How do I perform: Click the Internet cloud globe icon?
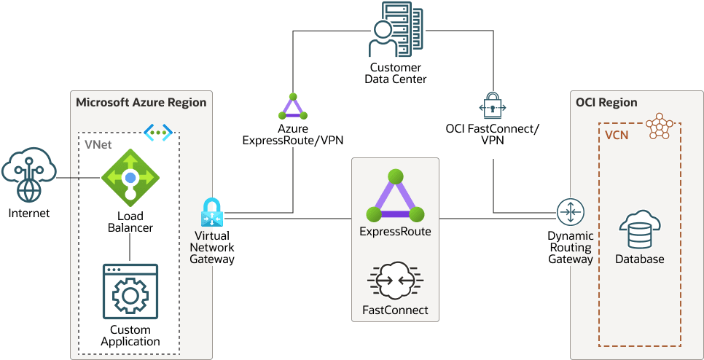[28, 176]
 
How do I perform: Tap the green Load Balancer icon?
[130, 177]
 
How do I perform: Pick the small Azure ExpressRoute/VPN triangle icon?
[293, 107]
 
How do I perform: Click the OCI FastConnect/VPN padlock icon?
[492, 106]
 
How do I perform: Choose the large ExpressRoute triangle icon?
[395, 196]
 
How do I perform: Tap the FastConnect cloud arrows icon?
[395, 281]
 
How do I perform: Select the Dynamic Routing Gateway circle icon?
[569, 212]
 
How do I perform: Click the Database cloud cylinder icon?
[639, 230]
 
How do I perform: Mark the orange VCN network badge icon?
[660, 125]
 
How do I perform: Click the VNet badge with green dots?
[158, 133]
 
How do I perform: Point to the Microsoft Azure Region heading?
[141, 103]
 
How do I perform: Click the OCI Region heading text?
[606, 103]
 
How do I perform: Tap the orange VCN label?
[617, 136]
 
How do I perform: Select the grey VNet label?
[98, 145]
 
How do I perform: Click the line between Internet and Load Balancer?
[79, 177]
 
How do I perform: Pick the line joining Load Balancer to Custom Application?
[130, 249]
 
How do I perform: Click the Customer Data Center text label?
[395, 74]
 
